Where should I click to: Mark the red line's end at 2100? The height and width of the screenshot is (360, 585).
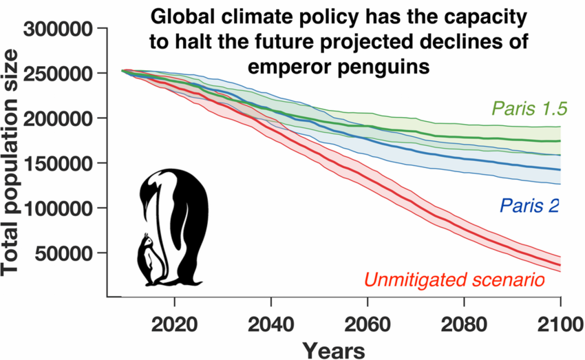(x=560, y=265)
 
